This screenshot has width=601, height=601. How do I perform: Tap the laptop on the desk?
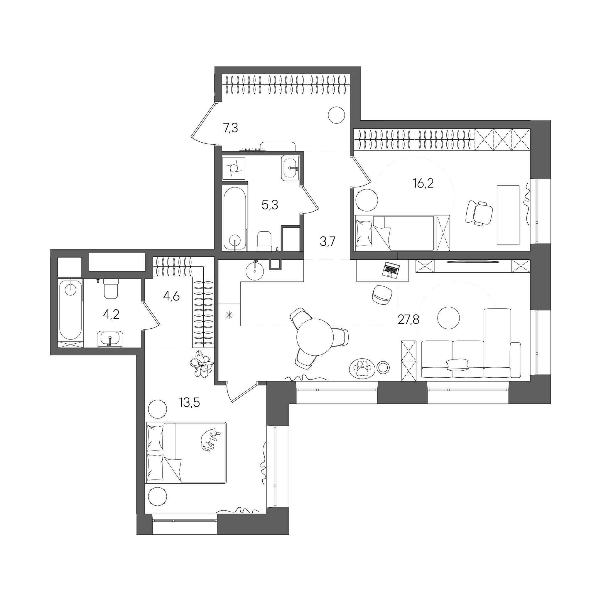(x=391, y=269)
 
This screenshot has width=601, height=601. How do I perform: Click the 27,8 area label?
(x=408, y=319)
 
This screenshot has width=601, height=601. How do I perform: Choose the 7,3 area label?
(x=230, y=128)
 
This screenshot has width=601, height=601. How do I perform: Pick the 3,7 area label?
(x=327, y=241)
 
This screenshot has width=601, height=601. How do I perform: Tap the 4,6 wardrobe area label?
(x=171, y=296)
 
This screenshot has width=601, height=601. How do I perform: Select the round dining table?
(x=315, y=337)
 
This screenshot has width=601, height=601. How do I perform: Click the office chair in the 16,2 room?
(x=479, y=212)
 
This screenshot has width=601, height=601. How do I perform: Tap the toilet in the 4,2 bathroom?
(x=111, y=288)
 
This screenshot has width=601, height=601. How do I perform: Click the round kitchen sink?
(x=255, y=270)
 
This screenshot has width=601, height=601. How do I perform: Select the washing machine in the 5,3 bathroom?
(x=234, y=168)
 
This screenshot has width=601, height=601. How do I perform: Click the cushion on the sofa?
(x=457, y=364)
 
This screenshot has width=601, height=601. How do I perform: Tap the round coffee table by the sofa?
(x=449, y=318)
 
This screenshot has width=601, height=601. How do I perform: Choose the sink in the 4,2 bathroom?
(x=110, y=339)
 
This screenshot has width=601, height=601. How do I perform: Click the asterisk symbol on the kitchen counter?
(x=229, y=315)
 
